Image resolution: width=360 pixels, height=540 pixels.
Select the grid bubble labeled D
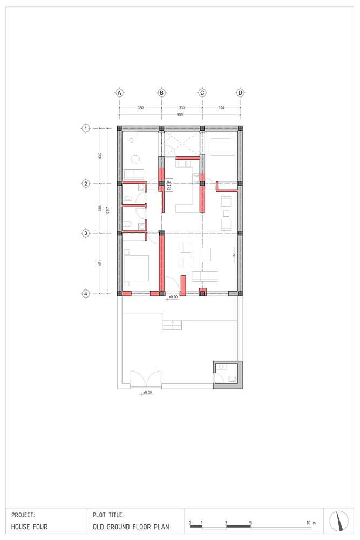pos(240,92)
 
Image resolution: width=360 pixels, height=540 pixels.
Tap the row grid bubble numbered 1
pos(85,128)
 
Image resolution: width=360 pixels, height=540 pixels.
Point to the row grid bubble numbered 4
pos(85,294)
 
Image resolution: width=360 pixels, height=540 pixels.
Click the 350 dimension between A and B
pos(140,108)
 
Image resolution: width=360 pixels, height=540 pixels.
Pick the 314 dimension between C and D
pos(221,108)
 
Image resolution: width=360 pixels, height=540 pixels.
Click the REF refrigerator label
pos(168,185)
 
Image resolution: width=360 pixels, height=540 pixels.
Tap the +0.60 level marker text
pos(173,297)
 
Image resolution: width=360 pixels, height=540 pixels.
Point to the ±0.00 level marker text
pos(146,392)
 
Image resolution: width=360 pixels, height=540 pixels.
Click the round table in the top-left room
pos(135,159)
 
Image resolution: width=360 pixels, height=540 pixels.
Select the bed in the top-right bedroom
pos(221,146)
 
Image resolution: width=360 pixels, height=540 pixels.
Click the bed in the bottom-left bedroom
pos(136,268)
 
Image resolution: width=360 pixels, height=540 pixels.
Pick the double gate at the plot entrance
pos(146,377)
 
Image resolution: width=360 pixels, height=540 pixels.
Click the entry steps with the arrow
pos(173,325)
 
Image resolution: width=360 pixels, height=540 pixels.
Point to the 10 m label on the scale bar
pos(310,523)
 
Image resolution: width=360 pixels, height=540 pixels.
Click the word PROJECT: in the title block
pos(23,515)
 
